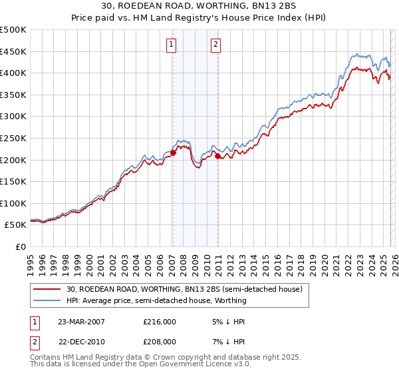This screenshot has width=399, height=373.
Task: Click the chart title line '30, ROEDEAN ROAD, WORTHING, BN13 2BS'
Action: (x=199, y=7)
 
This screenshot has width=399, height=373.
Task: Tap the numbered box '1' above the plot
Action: (x=172, y=45)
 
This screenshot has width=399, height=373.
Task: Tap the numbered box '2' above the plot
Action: (x=217, y=45)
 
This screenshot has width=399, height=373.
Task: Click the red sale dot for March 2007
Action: (x=173, y=153)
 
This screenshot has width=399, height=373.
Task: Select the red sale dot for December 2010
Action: (x=217, y=156)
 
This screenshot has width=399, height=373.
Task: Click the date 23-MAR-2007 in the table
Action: (x=81, y=321)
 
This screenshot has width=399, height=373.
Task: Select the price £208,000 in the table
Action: (x=160, y=342)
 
